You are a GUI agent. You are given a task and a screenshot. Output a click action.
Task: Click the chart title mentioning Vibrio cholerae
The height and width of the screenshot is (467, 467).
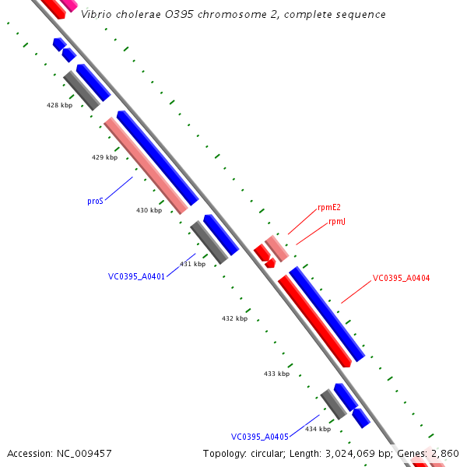click(233, 15)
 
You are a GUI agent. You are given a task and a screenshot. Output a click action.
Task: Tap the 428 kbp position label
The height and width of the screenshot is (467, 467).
click(59, 105)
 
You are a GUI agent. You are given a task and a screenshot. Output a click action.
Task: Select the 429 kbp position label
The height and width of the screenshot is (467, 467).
click(104, 157)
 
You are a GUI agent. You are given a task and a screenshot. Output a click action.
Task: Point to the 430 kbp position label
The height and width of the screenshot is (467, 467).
click(149, 210)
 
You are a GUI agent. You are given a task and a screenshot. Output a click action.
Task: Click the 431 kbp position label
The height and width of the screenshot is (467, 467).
click(192, 264)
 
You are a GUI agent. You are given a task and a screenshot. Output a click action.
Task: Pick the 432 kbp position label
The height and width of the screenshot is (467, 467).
click(234, 318)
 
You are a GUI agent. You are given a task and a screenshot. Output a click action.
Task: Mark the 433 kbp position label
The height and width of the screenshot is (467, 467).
click(276, 374)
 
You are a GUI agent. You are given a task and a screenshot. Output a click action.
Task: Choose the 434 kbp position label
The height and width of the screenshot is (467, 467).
click(318, 429)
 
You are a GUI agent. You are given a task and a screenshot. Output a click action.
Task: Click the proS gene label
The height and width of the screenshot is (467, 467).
click(95, 201)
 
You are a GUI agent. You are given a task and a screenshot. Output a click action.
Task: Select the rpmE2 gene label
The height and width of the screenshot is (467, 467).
click(329, 208)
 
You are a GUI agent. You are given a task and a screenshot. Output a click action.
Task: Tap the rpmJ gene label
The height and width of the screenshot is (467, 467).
click(337, 222)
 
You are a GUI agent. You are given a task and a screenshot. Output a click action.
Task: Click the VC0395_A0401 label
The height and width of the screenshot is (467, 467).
click(136, 276)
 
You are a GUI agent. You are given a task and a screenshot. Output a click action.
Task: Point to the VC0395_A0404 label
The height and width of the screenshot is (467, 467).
click(401, 278)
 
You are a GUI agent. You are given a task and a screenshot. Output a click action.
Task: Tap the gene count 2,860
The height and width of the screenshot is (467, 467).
click(445, 453)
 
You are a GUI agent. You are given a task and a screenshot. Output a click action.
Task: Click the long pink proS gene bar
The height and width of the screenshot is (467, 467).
click(146, 166)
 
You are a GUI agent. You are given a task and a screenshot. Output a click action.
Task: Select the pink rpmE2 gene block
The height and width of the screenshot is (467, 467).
click(277, 248)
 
